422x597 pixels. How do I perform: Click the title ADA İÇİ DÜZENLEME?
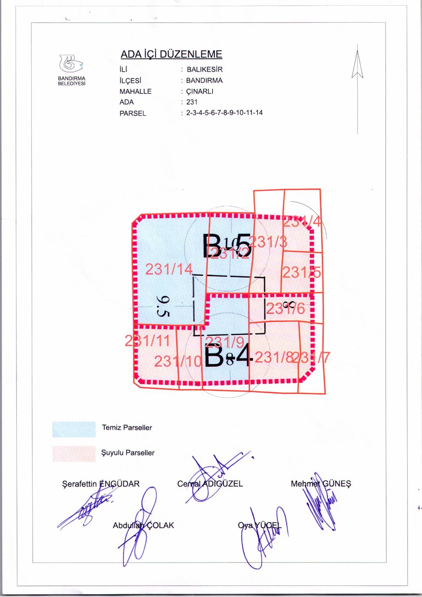(171, 54)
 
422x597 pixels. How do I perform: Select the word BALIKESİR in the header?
(204, 70)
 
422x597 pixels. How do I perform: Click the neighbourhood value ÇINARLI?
(200, 91)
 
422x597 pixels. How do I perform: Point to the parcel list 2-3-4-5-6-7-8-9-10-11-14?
(224, 113)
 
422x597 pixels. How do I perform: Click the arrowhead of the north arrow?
(357, 63)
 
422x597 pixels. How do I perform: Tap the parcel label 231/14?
(169, 269)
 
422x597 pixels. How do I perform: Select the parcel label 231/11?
(147, 341)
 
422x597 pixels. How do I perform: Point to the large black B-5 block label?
(227, 246)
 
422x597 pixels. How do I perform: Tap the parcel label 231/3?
(268, 242)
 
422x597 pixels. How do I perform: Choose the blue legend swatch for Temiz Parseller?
(74, 429)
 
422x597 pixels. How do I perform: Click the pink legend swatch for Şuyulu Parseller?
(74, 454)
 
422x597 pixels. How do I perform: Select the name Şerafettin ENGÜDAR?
(100, 484)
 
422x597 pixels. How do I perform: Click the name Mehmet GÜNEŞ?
(321, 484)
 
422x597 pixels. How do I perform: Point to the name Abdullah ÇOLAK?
(143, 526)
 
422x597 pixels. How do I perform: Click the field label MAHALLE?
(135, 91)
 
